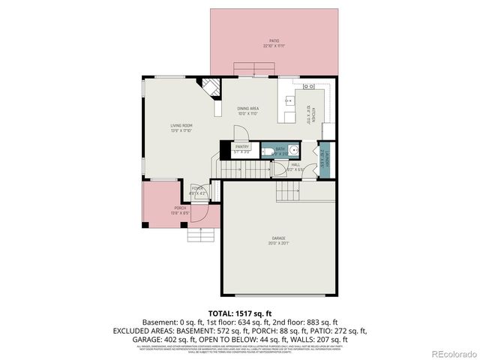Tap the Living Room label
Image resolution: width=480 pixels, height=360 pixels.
[181, 127]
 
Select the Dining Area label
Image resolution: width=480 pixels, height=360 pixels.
[248, 111]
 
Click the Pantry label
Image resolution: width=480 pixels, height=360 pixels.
[241, 148]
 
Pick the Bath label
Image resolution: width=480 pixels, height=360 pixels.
[280, 150]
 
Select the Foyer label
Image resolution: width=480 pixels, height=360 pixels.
[197, 190]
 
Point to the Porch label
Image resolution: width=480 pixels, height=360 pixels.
[181, 210]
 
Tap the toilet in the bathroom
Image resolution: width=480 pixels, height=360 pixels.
[268, 153]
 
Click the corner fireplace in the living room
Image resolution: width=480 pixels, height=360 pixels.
[211, 89]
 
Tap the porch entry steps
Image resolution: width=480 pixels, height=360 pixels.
[201, 237]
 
